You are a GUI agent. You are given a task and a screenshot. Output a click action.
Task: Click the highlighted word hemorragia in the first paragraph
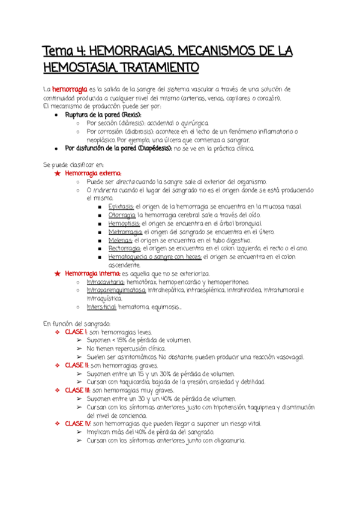[70, 89]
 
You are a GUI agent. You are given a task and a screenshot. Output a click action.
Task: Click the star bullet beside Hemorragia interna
[57, 273]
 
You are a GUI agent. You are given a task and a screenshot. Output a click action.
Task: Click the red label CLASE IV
[79, 423]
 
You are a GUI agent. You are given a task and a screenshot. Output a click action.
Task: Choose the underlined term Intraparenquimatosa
[116, 290]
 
